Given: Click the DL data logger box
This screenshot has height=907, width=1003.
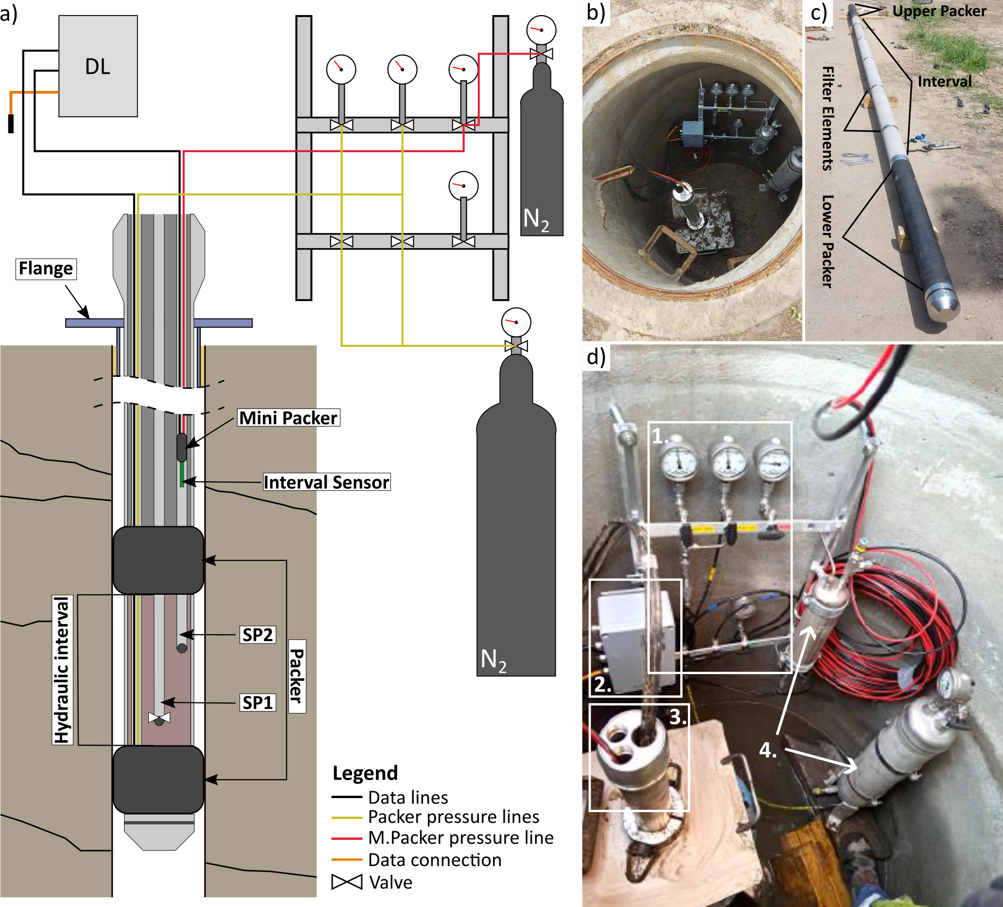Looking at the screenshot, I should [x=98, y=66].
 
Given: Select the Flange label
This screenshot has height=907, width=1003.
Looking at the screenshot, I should [x=46, y=268].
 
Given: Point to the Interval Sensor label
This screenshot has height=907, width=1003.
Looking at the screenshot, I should [x=326, y=482].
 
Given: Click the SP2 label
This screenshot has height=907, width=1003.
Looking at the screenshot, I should [x=257, y=635].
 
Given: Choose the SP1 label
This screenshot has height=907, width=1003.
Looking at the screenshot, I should [x=257, y=703].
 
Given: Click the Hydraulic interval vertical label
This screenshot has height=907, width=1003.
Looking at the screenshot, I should [x=62, y=670].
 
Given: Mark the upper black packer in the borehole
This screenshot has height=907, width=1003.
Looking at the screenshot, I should [x=158, y=560].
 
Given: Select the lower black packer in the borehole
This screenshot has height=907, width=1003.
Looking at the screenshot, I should [x=158, y=779].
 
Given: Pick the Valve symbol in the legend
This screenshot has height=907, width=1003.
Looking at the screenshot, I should [x=347, y=882].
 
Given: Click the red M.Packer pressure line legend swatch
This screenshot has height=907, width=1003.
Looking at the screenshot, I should [x=347, y=838].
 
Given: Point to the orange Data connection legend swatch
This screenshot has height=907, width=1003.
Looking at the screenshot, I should [x=347, y=859].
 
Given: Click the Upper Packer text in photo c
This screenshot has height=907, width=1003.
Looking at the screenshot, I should [x=939, y=11].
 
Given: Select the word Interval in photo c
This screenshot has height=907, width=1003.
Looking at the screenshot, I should [x=944, y=81].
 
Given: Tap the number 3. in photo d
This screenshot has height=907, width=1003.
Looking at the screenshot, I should [x=678, y=717].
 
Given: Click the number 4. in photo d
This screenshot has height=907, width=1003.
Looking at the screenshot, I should [x=768, y=750].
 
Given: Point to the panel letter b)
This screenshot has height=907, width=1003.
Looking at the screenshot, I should [x=596, y=12].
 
